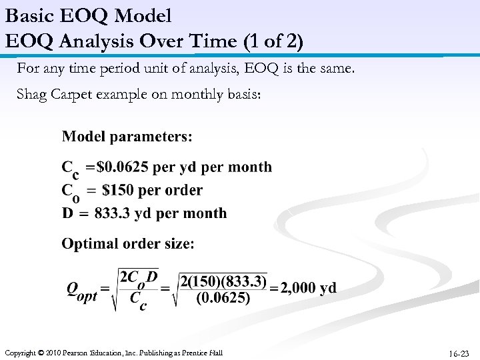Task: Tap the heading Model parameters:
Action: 127,137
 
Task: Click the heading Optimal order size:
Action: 128,244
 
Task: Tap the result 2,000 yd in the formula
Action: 309,289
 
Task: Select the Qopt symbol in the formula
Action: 81,291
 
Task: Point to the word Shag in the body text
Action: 31,94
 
